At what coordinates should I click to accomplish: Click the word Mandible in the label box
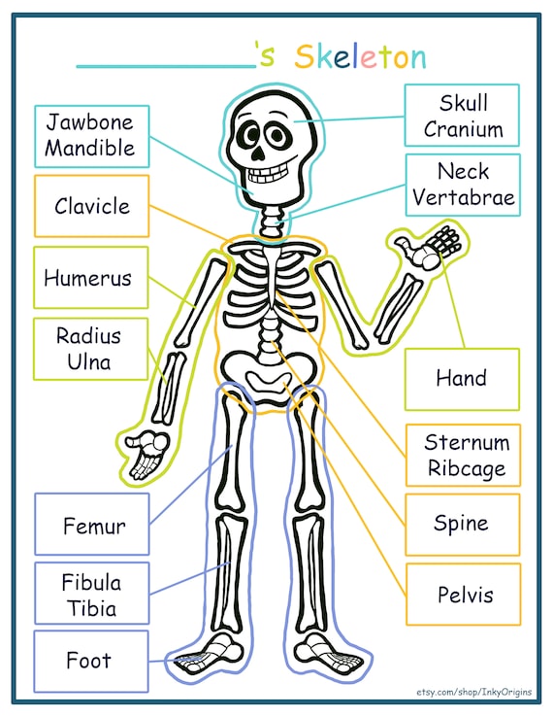pyautogui.click(x=90, y=148)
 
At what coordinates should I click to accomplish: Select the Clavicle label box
pyautogui.click(x=92, y=206)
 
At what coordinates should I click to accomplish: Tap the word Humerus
pyautogui.click(x=87, y=278)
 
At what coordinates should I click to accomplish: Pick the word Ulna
pyautogui.click(x=89, y=362)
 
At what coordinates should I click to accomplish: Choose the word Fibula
pyautogui.click(x=91, y=583)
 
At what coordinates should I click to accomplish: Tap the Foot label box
pyautogui.click(x=91, y=662)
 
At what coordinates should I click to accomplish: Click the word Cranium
pyautogui.click(x=464, y=129)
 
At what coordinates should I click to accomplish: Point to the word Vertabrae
pyautogui.click(x=464, y=197)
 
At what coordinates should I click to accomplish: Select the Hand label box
pyautogui.click(x=462, y=379)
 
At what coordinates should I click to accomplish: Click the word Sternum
pyautogui.click(x=467, y=442)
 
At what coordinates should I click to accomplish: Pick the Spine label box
pyautogui.click(x=463, y=525)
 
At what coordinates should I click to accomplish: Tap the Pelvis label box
pyautogui.click(x=463, y=594)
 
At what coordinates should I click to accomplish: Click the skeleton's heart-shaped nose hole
pyautogui.click(x=258, y=154)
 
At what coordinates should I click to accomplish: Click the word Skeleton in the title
pyautogui.click(x=361, y=56)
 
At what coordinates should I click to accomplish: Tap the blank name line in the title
pyautogui.click(x=166, y=66)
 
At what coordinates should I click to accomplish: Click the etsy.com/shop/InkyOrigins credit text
pyautogui.click(x=474, y=692)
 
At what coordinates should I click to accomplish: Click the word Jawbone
pyautogui.click(x=90, y=122)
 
